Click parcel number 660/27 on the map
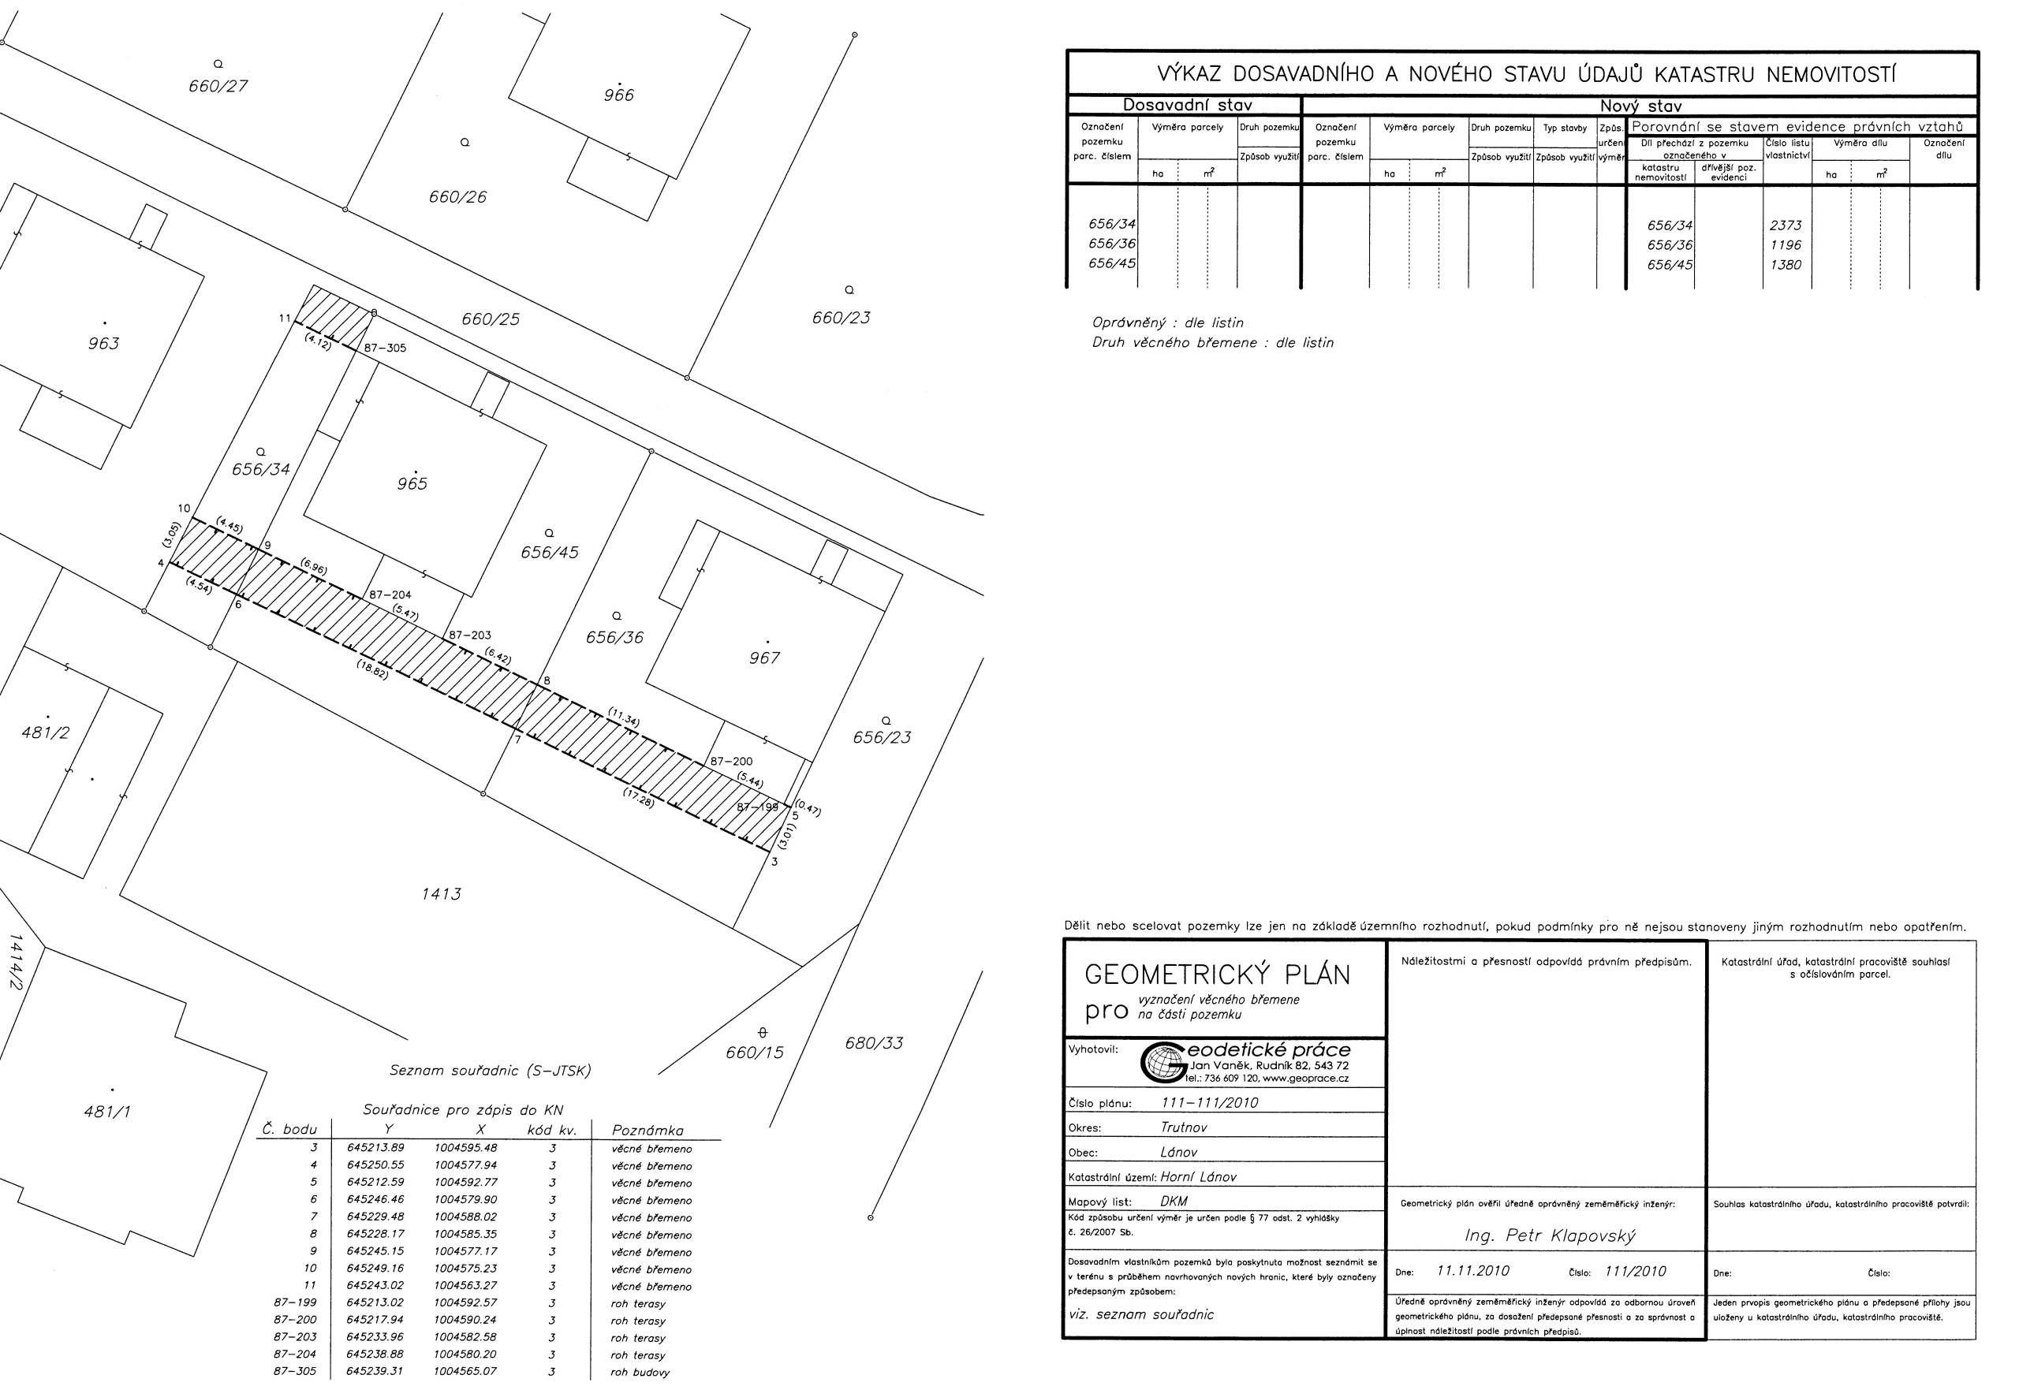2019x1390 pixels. (218, 86)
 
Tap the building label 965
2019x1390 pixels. (412, 484)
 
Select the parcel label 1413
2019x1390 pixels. (441, 894)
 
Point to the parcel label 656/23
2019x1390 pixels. (882, 738)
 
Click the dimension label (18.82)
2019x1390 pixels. (372, 669)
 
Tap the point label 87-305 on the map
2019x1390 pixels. (385, 348)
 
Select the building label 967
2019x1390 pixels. (764, 658)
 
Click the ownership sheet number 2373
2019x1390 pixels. (1786, 225)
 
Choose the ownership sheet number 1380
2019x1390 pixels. (1786, 265)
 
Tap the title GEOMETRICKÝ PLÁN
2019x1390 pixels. (1218, 974)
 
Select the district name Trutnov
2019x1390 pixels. (1183, 1127)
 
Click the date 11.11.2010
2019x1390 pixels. (1473, 1272)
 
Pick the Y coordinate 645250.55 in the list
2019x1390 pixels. (375, 1165)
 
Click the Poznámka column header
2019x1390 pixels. (648, 1131)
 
